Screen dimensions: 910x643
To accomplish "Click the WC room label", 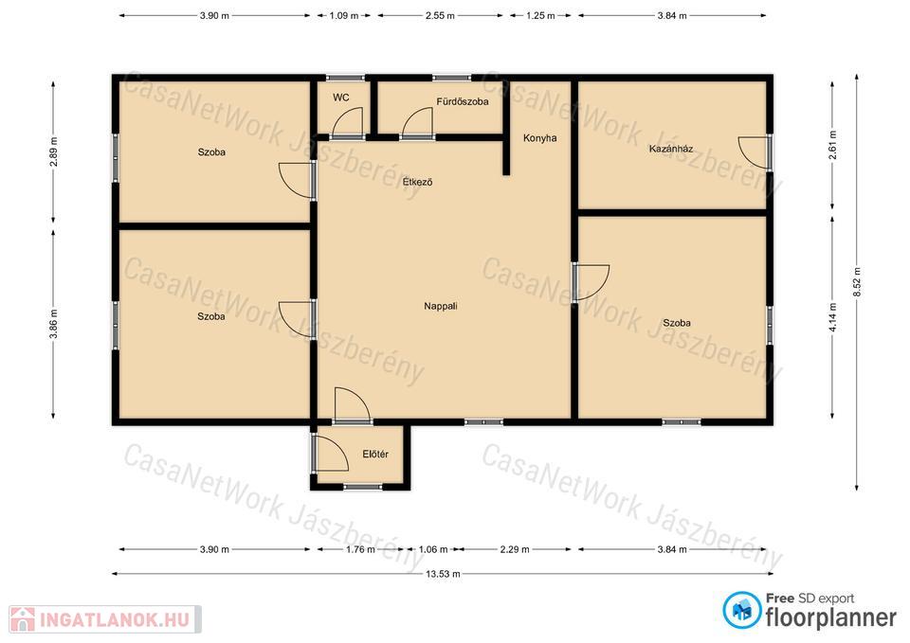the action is pyautogui.click(x=340, y=98).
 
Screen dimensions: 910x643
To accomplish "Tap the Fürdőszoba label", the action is pyautogui.click(x=463, y=101).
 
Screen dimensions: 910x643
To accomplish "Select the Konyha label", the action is pyautogui.click(x=539, y=138).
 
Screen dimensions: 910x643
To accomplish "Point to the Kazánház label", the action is pyautogui.click(x=671, y=149).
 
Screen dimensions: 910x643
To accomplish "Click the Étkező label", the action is pyautogui.click(x=417, y=182).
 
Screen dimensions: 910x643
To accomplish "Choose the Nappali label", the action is pyautogui.click(x=441, y=306).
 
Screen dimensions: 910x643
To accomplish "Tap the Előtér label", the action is pyautogui.click(x=375, y=454).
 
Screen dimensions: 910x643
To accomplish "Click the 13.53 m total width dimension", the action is pyautogui.click(x=443, y=574).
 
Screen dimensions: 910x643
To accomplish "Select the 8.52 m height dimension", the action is pyautogui.click(x=857, y=282).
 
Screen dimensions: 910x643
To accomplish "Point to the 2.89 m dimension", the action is pyautogui.click(x=53, y=152).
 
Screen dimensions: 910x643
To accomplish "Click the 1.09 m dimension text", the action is pyautogui.click(x=343, y=16).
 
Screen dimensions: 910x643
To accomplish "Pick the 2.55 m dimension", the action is pyautogui.click(x=440, y=16).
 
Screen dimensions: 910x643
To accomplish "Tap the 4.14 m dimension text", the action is pyautogui.click(x=833, y=317).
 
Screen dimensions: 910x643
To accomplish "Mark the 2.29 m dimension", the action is pyautogui.click(x=515, y=549).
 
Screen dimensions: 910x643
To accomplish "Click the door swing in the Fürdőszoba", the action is pyautogui.click(x=417, y=122).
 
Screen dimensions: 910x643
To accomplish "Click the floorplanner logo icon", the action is pyautogui.click(x=742, y=610).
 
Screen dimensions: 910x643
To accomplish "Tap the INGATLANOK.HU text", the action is pyautogui.click(x=115, y=619).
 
